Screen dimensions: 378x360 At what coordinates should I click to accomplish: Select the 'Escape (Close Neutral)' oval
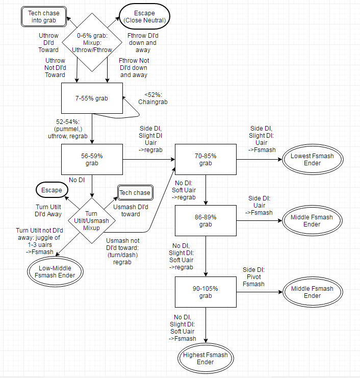[x=143, y=17]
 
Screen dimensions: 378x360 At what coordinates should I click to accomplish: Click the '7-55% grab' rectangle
[x=92, y=98]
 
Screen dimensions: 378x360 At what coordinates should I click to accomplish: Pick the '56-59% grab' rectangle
[x=92, y=159]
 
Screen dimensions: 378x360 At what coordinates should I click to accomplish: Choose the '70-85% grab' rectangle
[x=205, y=159]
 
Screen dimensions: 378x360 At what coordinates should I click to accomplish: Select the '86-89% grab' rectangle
[x=205, y=220]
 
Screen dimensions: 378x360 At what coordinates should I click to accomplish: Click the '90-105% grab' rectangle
[x=205, y=292]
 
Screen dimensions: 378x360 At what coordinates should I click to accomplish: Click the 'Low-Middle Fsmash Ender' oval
[x=56, y=271]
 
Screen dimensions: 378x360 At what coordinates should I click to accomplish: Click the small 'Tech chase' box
[x=135, y=192]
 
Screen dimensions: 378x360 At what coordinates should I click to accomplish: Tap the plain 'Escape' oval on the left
[x=52, y=190]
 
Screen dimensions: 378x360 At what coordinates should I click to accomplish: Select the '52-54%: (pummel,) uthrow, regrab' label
[x=72, y=129]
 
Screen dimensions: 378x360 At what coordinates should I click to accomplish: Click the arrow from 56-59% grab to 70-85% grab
[x=148, y=159]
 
